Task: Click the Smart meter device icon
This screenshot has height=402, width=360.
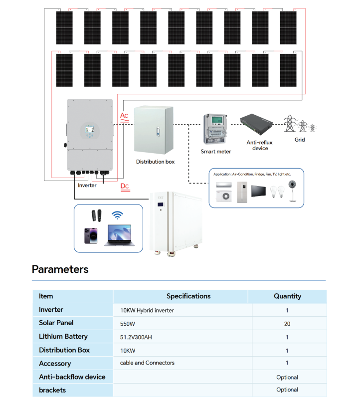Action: click(215, 129)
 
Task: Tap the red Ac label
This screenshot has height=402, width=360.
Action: click(124, 116)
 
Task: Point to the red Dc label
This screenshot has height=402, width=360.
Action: click(125, 187)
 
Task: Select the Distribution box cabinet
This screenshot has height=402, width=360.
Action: click(154, 130)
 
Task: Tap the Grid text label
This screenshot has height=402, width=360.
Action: click(299, 140)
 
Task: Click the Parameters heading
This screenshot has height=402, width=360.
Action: click(60, 269)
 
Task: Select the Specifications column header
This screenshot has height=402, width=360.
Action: click(188, 296)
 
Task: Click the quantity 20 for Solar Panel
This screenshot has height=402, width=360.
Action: click(287, 323)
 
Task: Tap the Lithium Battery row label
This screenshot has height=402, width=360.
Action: click(63, 337)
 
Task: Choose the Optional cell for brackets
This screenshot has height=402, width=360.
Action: click(287, 390)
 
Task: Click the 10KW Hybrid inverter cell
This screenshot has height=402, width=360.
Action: click(147, 310)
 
